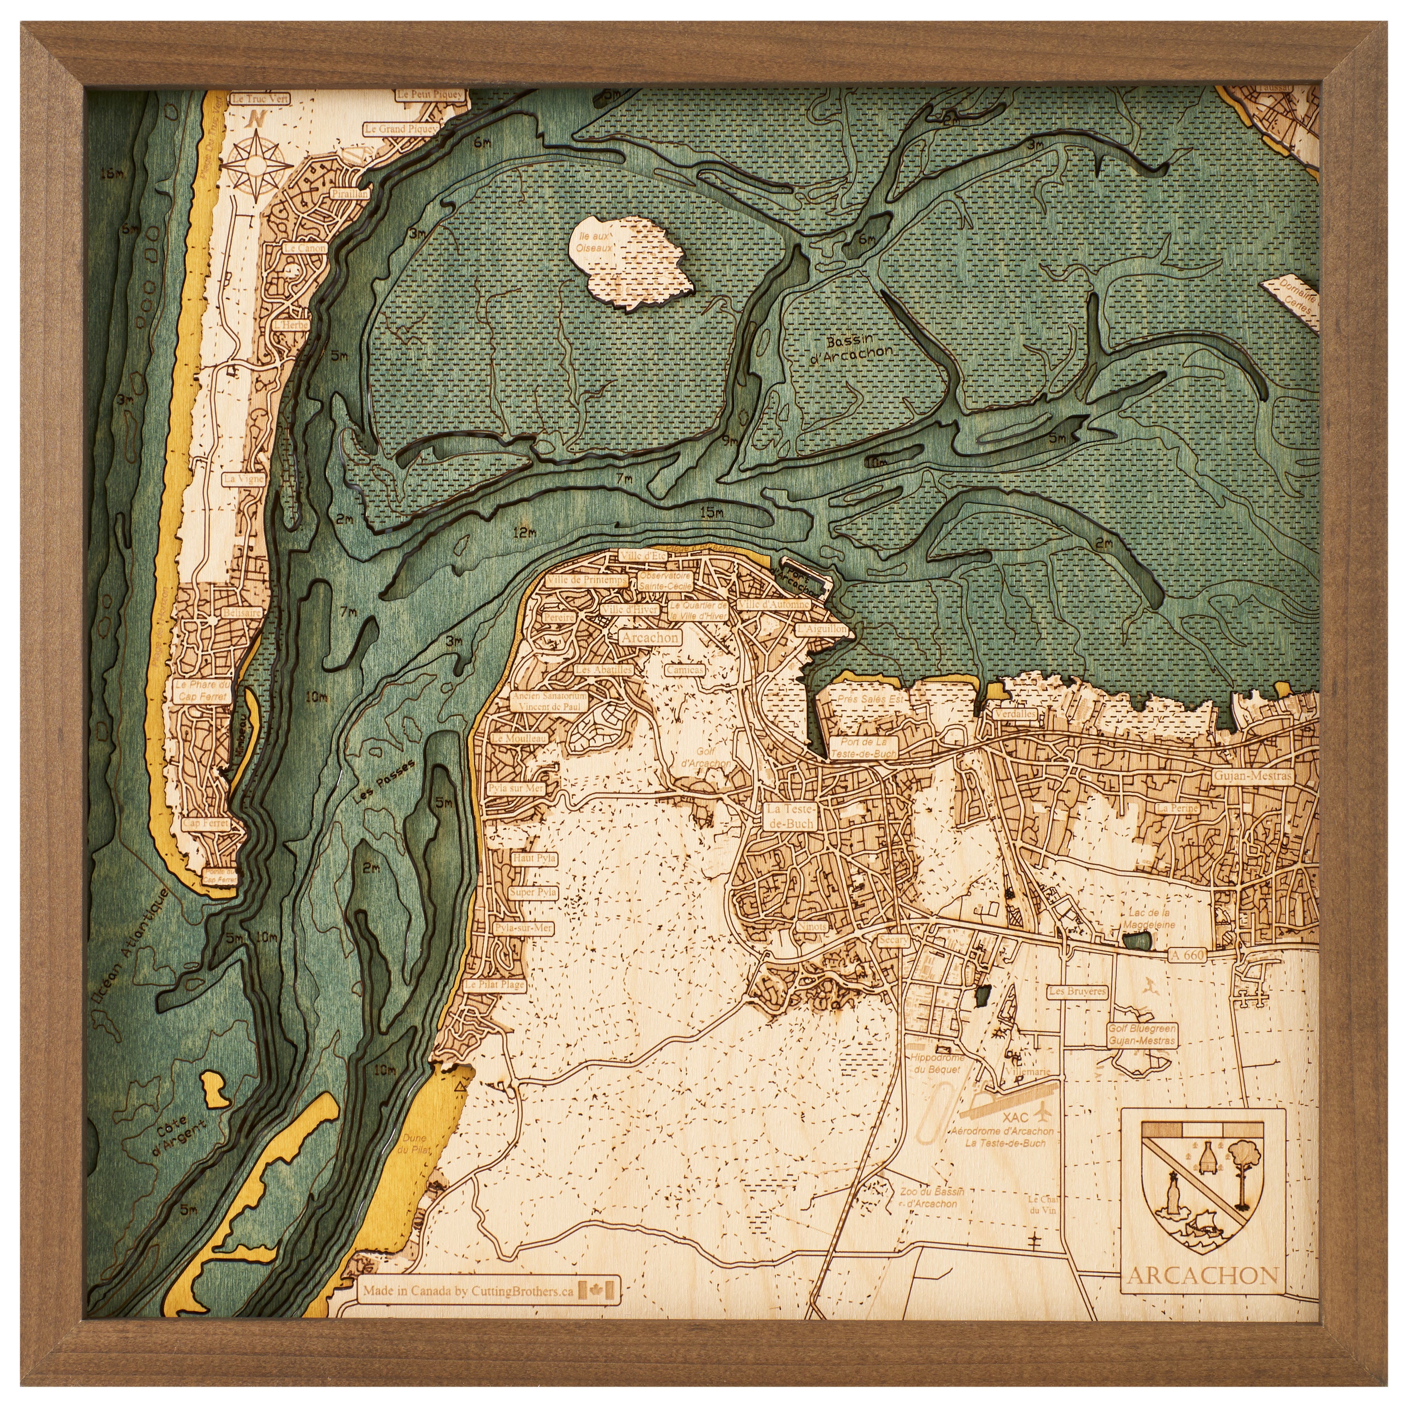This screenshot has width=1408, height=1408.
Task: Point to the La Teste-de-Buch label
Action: click(x=792, y=815)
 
